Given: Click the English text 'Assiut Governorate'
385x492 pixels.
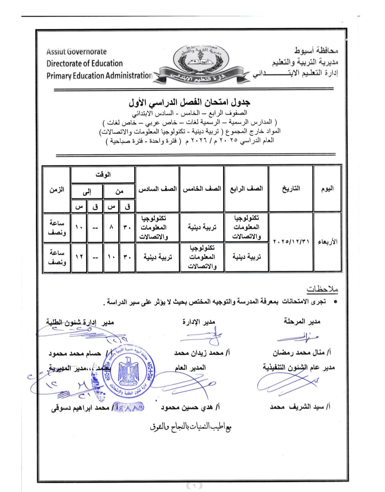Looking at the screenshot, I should tap(76, 51).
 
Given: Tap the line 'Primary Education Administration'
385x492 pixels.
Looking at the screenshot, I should tap(99, 76).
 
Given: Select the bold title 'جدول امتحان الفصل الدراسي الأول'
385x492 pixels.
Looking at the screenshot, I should tap(190, 102).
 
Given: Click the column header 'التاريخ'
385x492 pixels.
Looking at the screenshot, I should tap(291, 188).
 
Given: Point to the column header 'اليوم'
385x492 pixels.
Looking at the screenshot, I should tap(327, 188).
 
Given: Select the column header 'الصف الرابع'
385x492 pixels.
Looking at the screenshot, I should tap(247, 188).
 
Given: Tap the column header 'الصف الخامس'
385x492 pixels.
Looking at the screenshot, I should tap(202, 188).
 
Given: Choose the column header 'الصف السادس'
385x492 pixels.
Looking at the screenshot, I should tap(158, 188).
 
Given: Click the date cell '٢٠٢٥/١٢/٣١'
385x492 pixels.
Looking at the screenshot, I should tap(291, 242).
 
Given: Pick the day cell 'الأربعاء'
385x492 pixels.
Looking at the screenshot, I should tap(327, 242).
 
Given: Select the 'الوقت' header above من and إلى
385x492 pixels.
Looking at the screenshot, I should tap(103, 174).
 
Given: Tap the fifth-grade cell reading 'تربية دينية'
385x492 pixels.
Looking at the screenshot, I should tap(202, 227).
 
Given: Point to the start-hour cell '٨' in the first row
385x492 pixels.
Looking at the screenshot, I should tap(112, 227).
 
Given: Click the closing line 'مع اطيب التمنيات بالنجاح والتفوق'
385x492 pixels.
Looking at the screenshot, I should tap(191, 427).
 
